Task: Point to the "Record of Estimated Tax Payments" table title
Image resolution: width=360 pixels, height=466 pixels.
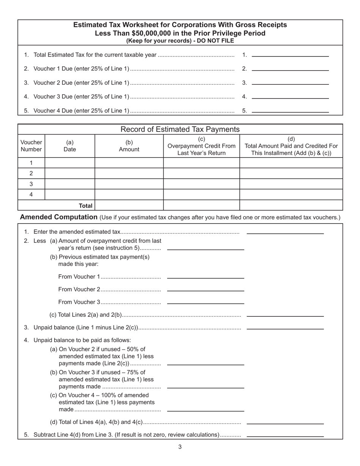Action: click(180, 129)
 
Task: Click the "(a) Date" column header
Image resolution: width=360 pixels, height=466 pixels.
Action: click(70, 146)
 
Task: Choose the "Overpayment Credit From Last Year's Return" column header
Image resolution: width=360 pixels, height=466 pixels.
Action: click(201, 146)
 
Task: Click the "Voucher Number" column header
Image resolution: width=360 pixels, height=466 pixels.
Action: click(31, 146)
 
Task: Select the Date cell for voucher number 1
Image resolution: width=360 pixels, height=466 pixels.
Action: click(70, 163)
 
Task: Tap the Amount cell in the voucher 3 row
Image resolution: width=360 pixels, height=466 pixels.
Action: click(129, 184)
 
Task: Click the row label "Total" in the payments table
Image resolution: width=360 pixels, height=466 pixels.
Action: click(85, 205)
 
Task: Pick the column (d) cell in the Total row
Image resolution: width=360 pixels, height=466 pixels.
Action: click(291, 205)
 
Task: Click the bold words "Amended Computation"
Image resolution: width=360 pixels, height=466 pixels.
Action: click(59, 217)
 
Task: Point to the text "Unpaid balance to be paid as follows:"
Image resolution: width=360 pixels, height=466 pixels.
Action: click(82, 340)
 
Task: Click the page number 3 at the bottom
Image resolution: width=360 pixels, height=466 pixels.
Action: click(180, 447)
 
